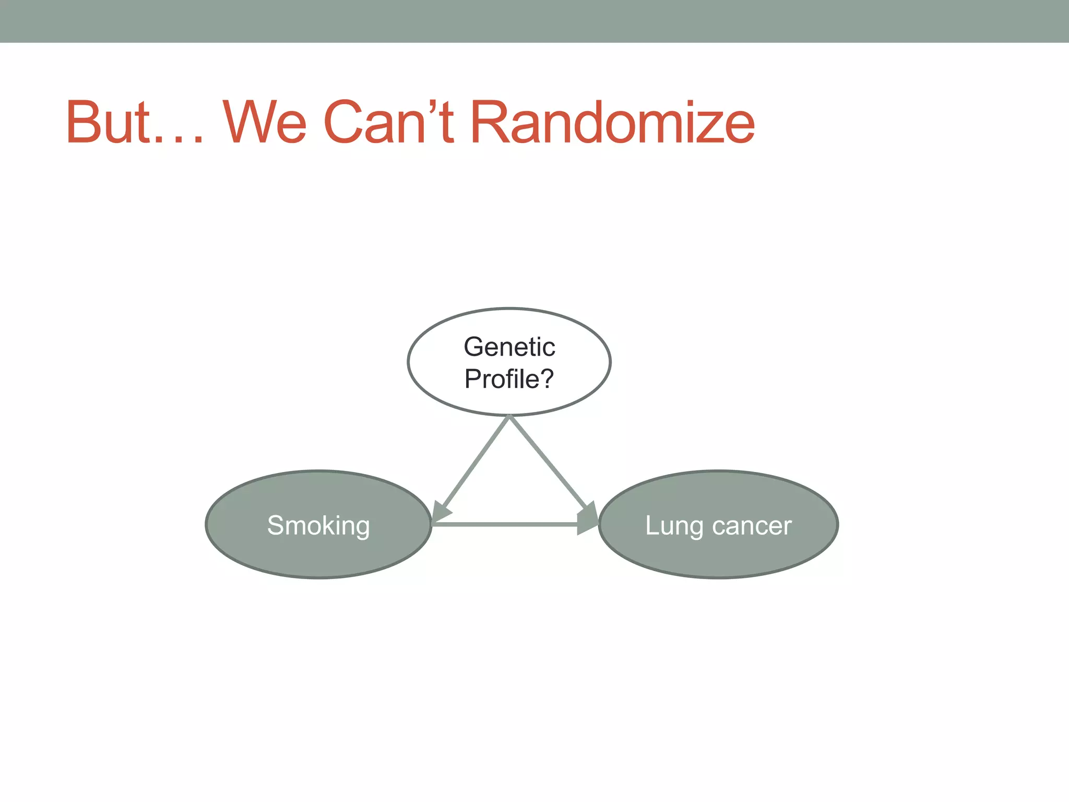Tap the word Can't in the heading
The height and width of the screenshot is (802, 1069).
[x=389, y=122]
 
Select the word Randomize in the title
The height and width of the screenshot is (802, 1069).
[x=613, y=122]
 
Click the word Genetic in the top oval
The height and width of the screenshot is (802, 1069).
[x=509, y=347]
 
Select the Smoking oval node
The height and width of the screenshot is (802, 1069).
[x=318, y=543]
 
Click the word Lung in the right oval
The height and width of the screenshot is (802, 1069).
[x=674, y=526]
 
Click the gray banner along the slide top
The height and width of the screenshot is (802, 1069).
[x=534, y=21]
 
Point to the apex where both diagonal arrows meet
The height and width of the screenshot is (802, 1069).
[x=509, y=417]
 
